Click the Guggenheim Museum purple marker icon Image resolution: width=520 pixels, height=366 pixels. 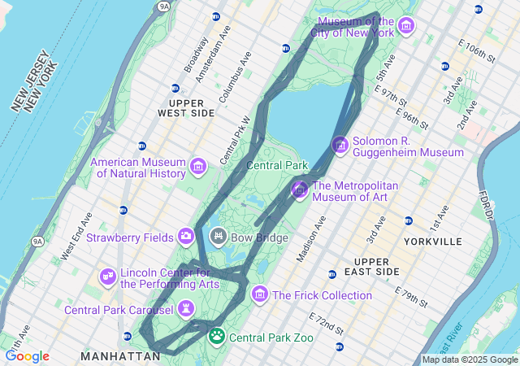click(340, 146)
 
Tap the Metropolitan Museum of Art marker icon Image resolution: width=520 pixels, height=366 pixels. click(299, 190)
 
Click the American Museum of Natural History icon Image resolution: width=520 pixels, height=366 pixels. click(197, 168)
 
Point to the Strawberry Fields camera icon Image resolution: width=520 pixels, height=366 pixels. click(186, 237)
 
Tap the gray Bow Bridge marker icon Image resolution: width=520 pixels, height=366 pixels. click(218, 237)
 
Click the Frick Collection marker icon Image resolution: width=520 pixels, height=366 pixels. click(260, 294)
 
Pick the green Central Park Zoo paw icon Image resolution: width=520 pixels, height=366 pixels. click(217, 336)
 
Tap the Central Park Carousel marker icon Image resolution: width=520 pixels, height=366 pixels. click(187, 309)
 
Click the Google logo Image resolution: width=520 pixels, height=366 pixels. click(27, 356)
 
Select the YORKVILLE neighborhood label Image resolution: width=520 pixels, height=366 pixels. click(431, 242)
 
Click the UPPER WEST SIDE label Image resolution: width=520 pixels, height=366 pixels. click(192, 107)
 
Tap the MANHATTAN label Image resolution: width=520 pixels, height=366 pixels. click(120, 356)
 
